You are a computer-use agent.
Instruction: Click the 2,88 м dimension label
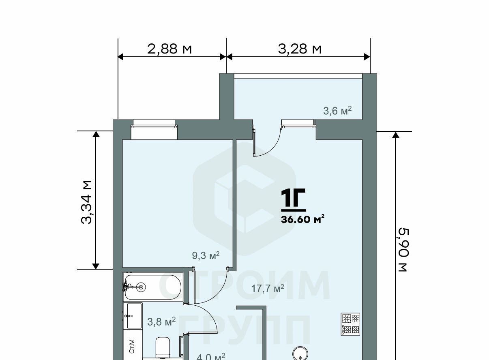tap(169, 49)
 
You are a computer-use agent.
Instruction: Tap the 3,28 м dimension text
tap(300, 49)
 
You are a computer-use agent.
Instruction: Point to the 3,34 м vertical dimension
tap(86, 202)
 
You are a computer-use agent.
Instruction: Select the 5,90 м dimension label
tap(403, 250)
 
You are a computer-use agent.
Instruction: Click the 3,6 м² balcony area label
tap(337, 111)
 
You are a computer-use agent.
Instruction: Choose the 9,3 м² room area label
tap(206, 255)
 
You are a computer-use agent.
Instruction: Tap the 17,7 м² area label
tap(268, 288)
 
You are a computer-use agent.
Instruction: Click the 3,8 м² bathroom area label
tap(161, 321)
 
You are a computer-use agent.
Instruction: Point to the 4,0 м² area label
tap(211, 356)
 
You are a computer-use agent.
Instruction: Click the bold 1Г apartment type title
tap(293, 197)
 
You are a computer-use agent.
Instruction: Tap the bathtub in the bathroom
tap(153, 287)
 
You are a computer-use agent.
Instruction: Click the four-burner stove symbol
tap(351, 324)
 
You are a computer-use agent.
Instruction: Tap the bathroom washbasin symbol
tap(133, 316)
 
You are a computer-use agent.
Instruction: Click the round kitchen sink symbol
tap(300, 353)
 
